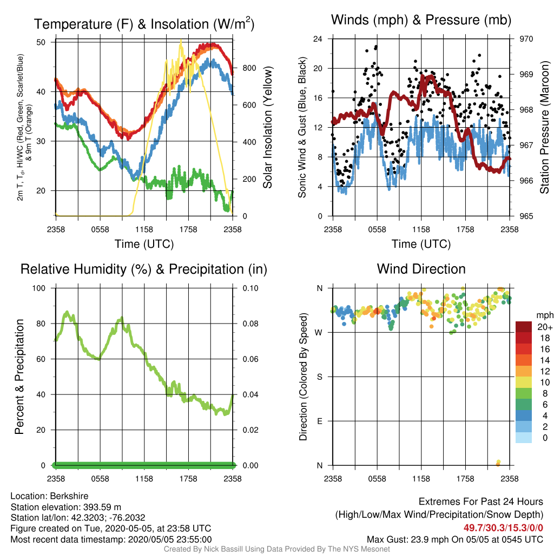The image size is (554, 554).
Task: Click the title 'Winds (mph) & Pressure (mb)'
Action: click(421, 20)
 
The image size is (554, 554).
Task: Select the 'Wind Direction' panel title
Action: click(421, 269)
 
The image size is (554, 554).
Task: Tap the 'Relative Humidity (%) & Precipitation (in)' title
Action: click(144, 269)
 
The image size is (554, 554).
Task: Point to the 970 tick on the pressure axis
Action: click(526, 39)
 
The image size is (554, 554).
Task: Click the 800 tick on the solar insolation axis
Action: click(249, 68)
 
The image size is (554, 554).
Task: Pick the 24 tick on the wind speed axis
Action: click(318, 39)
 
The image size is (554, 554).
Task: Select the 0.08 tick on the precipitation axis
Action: click(250, 324)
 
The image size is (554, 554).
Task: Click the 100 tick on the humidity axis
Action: click(39, 288)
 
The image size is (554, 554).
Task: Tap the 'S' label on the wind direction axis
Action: click(320, 377)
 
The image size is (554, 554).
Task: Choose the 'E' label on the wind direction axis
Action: click(320, 421)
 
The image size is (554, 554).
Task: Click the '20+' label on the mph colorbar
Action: click(545, 327)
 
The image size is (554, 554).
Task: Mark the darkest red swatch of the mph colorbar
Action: click(524, 327)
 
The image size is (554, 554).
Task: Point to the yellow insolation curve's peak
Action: click(181, 40)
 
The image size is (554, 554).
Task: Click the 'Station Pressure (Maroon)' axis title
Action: click(544, 127)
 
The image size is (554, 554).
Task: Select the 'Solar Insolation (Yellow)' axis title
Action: click(268, 127)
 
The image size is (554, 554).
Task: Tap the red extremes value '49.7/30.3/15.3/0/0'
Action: click(503, 528)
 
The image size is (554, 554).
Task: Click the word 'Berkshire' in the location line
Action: click(69, 496)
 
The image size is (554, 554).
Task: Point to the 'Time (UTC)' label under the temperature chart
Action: click(144, 244)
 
